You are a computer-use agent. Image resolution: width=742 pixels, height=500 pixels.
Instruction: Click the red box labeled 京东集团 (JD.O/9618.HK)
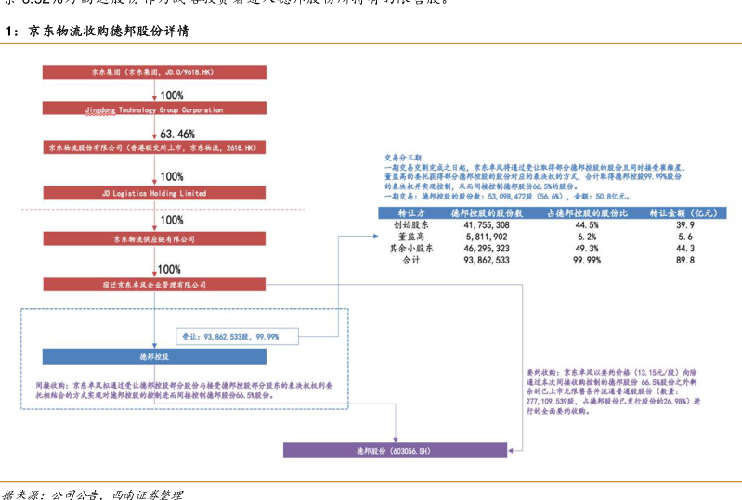coord(155,71)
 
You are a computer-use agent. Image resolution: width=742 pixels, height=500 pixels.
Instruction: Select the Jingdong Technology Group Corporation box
coord(155,109)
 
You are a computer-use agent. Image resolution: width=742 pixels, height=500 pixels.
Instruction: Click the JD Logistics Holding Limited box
coord(155,194)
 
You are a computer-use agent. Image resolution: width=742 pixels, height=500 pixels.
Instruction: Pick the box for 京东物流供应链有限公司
coord(155,238)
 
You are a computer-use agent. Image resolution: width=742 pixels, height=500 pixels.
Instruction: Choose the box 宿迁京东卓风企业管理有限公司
coord(155,285)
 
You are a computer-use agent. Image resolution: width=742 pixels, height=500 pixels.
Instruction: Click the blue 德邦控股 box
coord(155,356)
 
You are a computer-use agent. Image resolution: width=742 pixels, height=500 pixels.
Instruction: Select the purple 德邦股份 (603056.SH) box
coord(397,451)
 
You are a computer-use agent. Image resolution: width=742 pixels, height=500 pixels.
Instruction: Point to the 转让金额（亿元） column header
coord(685,212)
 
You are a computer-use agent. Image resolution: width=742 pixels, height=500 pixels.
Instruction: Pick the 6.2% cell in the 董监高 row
coord(586,237)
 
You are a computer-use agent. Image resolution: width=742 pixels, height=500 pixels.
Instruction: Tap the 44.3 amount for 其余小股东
coord(685,250)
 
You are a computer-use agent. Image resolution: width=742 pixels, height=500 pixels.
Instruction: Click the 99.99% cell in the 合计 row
coord(586,262)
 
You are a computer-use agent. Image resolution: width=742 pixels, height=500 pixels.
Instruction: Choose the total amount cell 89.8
coord(685,262)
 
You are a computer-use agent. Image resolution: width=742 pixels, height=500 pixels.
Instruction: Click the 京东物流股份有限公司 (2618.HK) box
coord(155,147)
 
